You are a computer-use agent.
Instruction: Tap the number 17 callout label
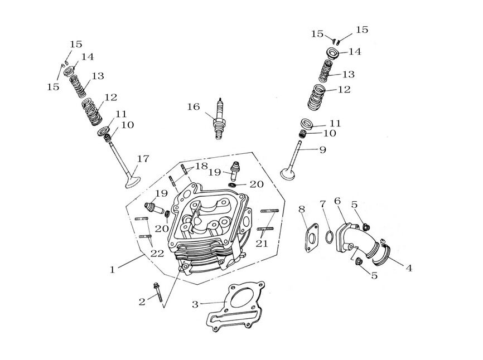click(143, 159)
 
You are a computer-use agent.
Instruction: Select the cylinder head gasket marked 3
click(237, 309)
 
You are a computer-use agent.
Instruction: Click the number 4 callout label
click(409, 268)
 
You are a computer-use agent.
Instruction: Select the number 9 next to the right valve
click(322, 149)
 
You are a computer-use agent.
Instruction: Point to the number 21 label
click(262, 244)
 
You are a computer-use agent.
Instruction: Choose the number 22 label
click(157, 254)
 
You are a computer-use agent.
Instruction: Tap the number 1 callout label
click(113, 269)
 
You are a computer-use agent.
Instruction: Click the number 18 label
click(201, 166)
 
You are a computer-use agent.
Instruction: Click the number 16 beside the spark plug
click(193, 106)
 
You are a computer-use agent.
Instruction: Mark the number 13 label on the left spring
click(98, 76)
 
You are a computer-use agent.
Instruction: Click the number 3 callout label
click(195, 304)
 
